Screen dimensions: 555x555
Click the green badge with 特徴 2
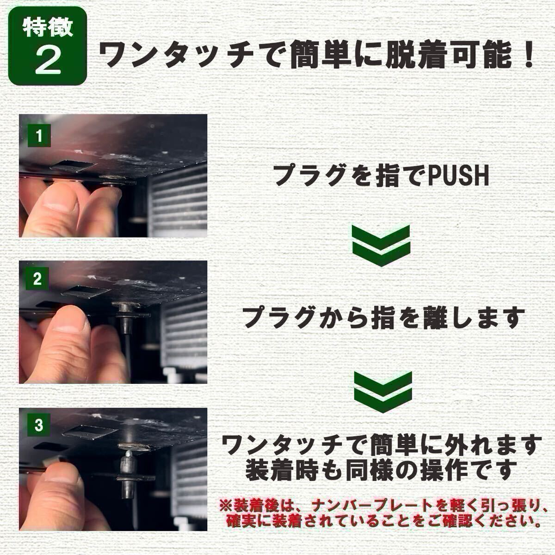48,45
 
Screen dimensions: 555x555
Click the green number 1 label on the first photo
39,136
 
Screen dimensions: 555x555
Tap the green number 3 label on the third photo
38,425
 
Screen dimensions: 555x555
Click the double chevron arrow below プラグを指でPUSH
381,246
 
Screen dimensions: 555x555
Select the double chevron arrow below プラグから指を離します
383,392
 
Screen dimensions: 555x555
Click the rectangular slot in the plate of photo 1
72,167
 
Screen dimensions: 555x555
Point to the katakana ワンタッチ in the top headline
174,54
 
